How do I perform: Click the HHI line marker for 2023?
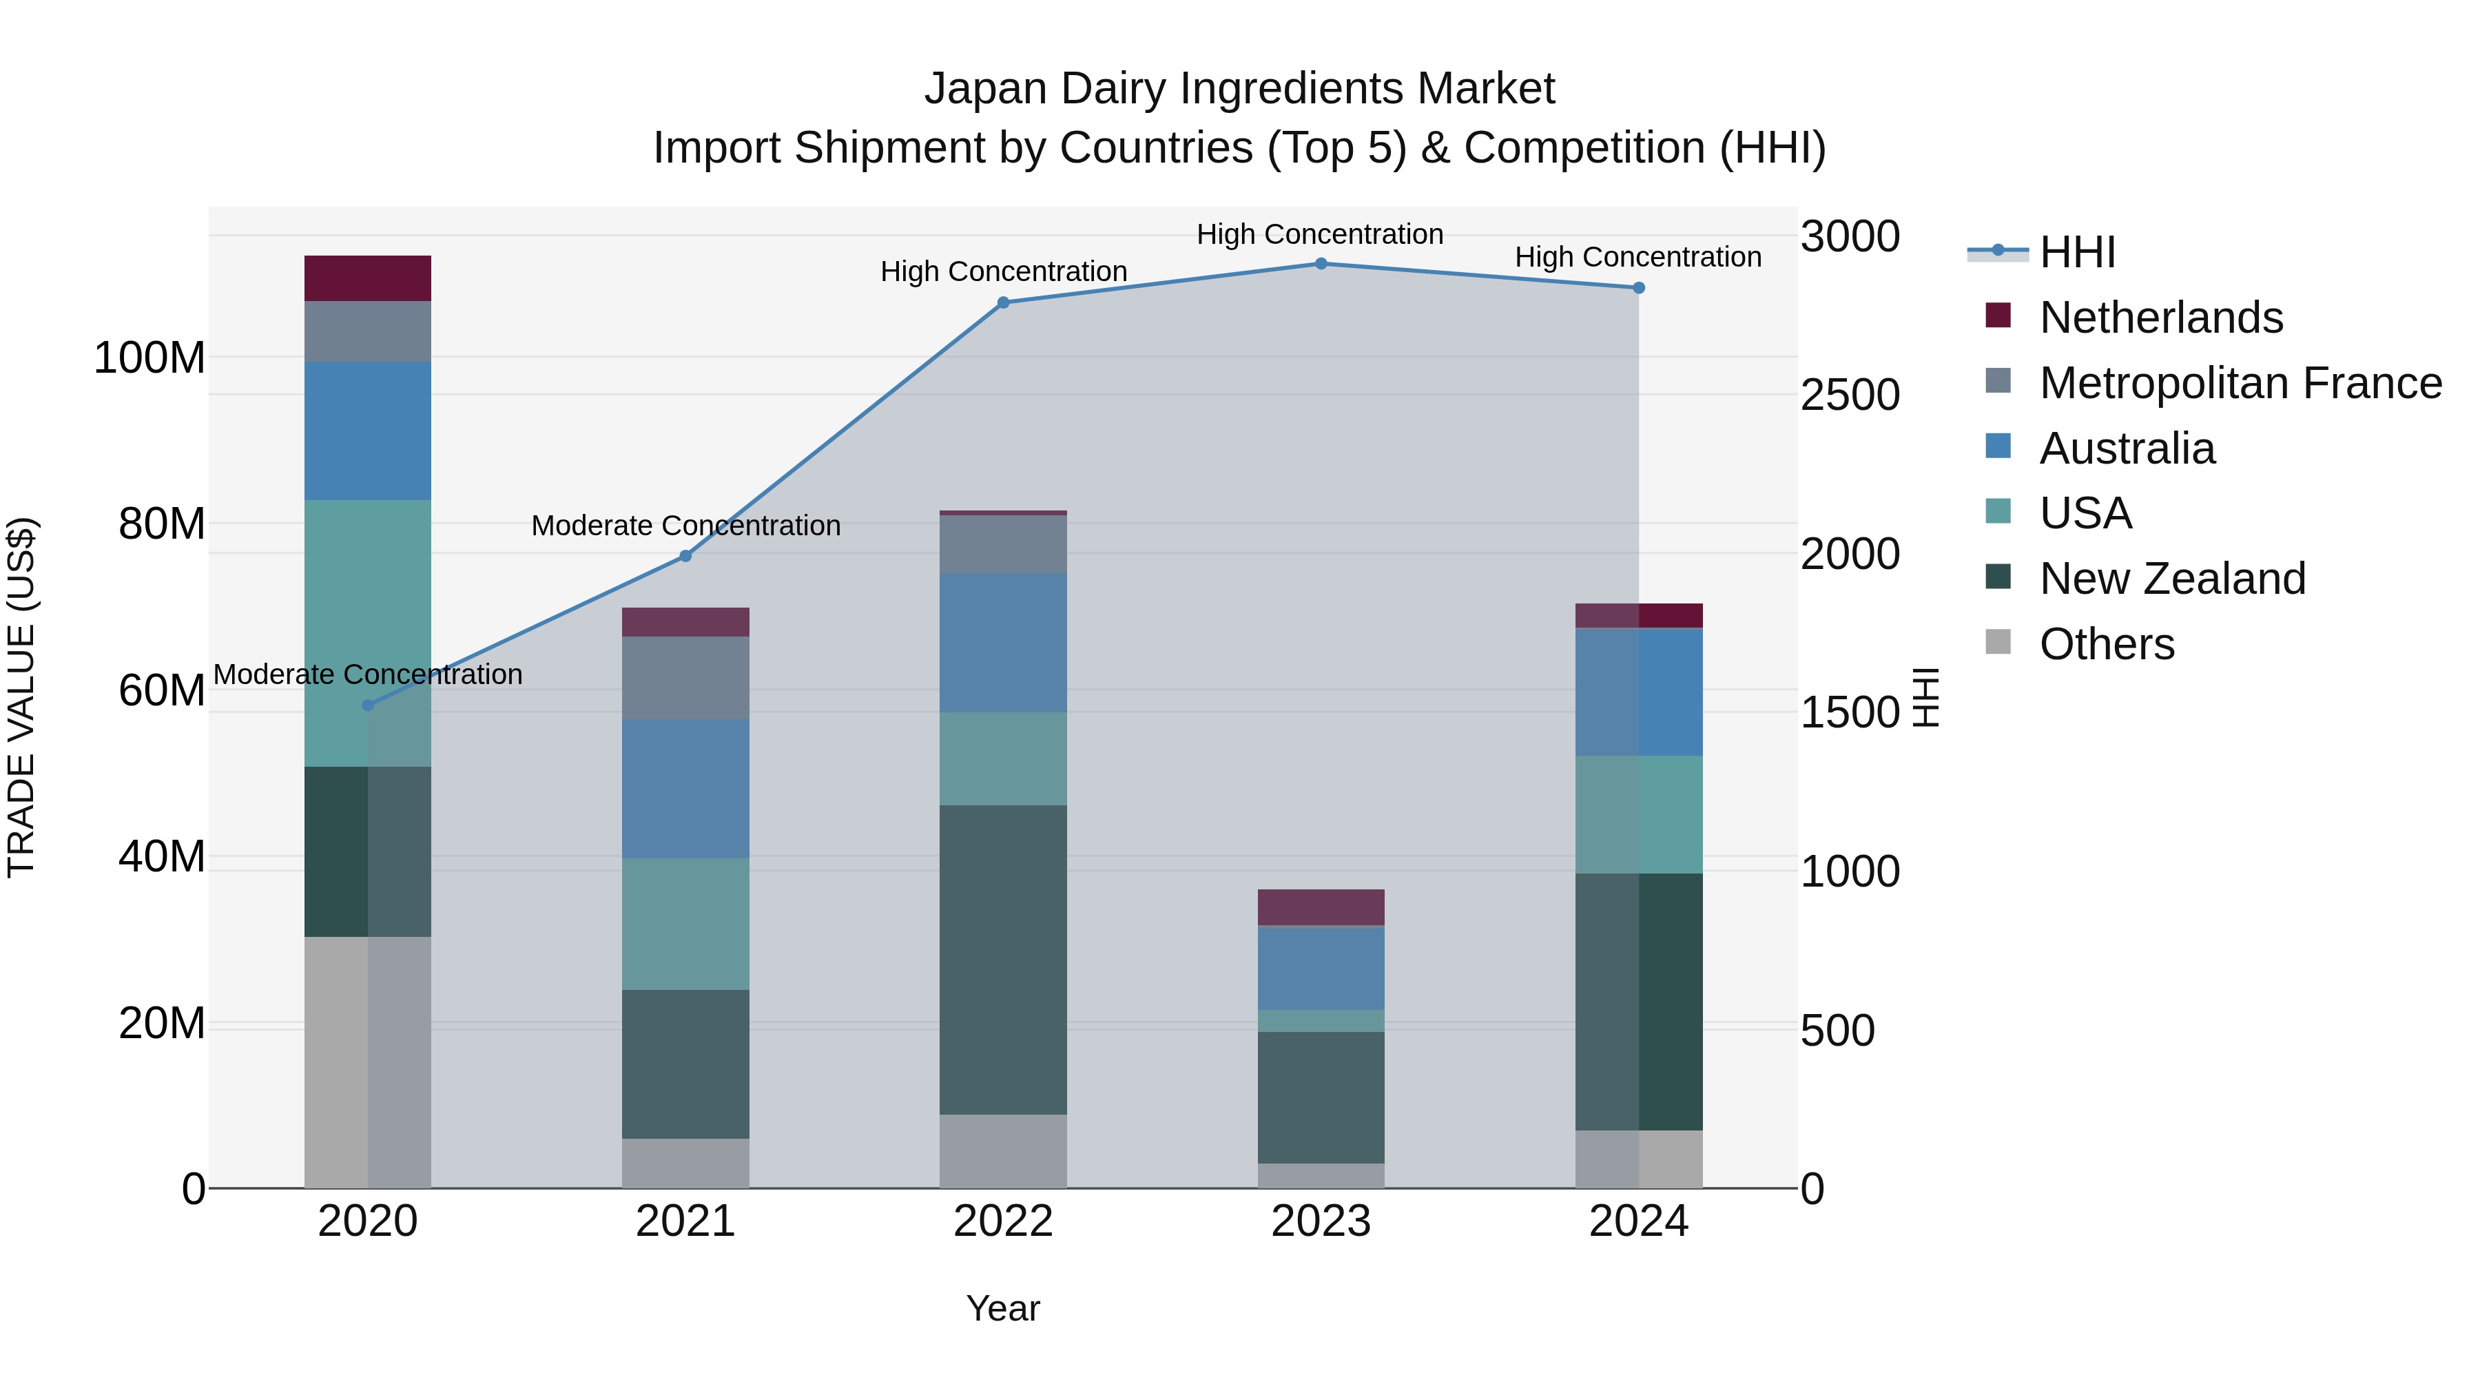coord(1321,264)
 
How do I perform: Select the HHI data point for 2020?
coord(368,705)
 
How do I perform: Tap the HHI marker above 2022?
coord(1003,302)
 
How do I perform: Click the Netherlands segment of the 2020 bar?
coord(368,278)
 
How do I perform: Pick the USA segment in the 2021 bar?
coord(685,924)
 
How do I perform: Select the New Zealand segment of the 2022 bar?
coord(1003,960)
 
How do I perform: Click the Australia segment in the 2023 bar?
coord(1321,968)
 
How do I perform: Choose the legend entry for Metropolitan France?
coord(2240,383)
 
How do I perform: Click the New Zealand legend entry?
coord(2172,579)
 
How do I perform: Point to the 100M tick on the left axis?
coord(149,358)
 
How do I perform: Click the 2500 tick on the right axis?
coord(1850,395)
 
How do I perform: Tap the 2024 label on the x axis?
coord(1639,1221)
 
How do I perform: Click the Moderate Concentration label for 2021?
coord(685,526)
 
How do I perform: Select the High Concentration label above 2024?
coord(1639,257)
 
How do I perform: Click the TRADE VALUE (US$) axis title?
coord(21,697)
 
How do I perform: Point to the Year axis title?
coord(1003,1308)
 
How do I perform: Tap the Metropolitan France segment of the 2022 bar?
coord(1003,544)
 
